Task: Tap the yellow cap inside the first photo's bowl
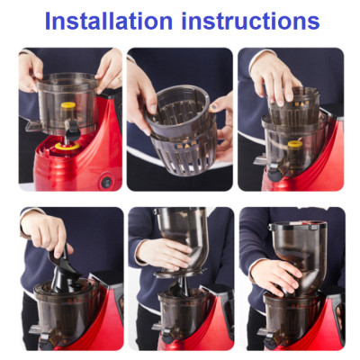[x=67, y=109]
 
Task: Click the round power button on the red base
[x=106, y=181]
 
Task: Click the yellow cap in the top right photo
[x=293, y=145]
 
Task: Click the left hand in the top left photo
[x=30, y=67]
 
